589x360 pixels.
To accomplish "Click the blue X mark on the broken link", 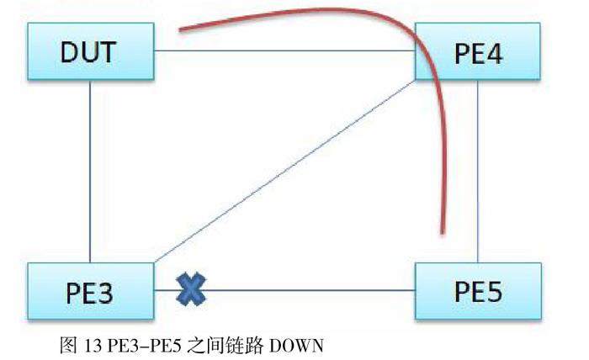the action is click(x=193, y=291).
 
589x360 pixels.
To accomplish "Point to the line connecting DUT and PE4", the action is click(x=286, y=53).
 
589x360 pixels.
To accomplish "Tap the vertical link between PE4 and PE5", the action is click(x=479, y=172).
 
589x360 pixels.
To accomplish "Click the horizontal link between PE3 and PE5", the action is click(x=320, y=292).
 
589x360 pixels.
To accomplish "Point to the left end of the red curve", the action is click(x=181, y=32).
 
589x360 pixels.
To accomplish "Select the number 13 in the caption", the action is click(x=95, y=345).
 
